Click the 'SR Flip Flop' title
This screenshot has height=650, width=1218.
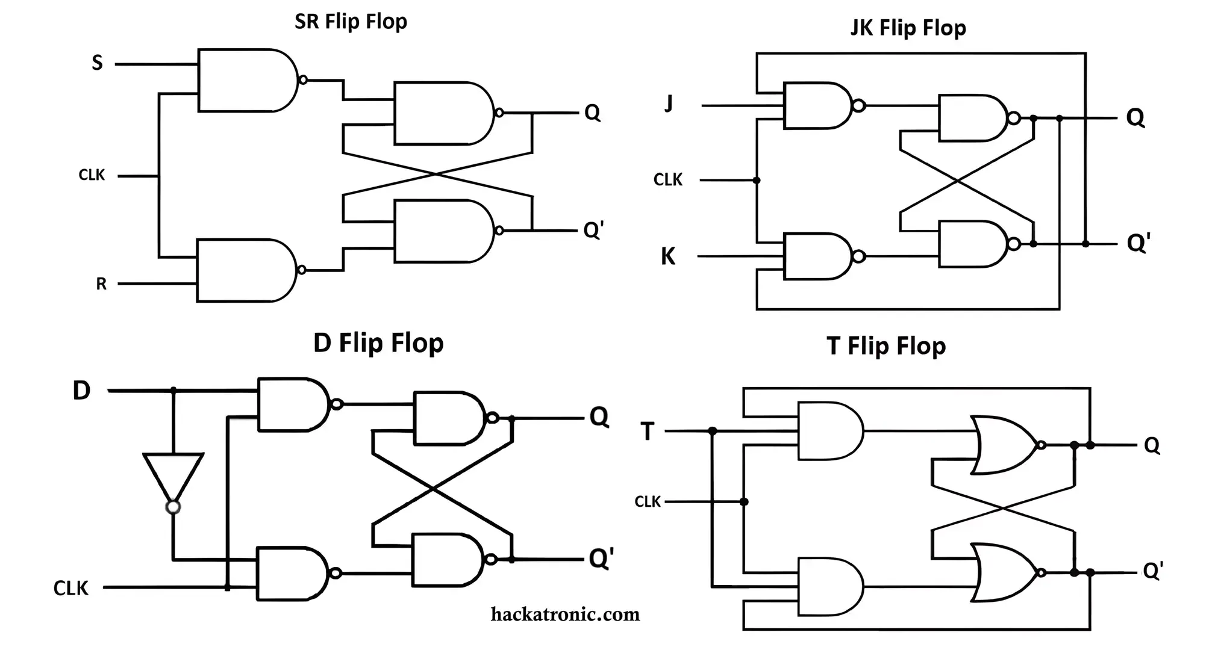pyautogui.click(x=351, y=22)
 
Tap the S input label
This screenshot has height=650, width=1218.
pyautogui.click(x=97, y=63)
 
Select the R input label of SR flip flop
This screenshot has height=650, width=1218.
pyautogui.click(x=101, y=284)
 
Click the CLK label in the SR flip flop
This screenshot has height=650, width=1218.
pyautogui.click(x=92, y=175)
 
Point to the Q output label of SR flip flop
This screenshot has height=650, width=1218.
pyautogui.click(x=592, y=113)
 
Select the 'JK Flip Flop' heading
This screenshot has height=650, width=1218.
pyautogui.click(x=908, y=28)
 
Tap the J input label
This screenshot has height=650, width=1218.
pyautogui.click(x=669, y=104)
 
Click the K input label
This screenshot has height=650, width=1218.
pyautogui.click(x=668, y=256)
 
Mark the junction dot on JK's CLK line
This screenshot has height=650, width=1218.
pyautogui.click(x=757, y=181)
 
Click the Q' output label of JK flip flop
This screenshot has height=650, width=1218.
pyautogui.click(x=1138, y=243)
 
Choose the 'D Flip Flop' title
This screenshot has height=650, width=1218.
pyautogui.click(x=378, y=343)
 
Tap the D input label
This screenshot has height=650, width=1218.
pyautogui.click(x=81, y=391)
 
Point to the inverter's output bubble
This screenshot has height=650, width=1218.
pyautogui.click(x=173, y=507)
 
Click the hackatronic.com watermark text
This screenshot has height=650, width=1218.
pyautogui.click(x=565, y=614)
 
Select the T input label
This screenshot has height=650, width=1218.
pyautogui.click(x=648, y=432)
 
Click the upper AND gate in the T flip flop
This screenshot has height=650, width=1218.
pyautogui.click(x=828, y=432)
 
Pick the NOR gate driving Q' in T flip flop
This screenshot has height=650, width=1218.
pyautogui.click(x=1003, y=572)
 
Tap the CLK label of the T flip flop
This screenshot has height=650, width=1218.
pyautogui.click(x=648, y=501)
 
